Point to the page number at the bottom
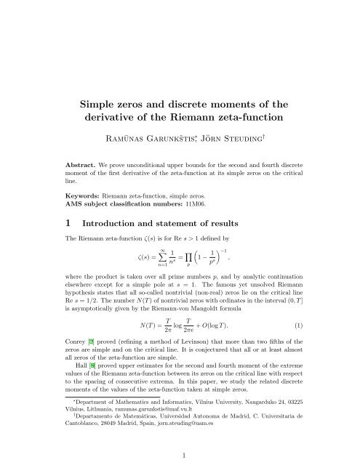click(x=180, y=455)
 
